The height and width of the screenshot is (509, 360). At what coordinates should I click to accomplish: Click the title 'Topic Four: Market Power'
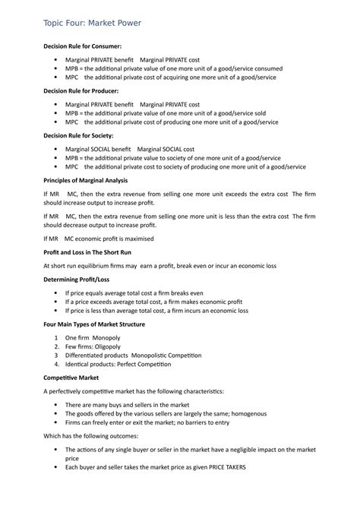(x=93, y=24)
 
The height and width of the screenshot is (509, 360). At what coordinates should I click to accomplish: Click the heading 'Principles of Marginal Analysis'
(x=86, y=180)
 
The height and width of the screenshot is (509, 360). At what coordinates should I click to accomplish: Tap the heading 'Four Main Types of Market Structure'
(x=94, y=324)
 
